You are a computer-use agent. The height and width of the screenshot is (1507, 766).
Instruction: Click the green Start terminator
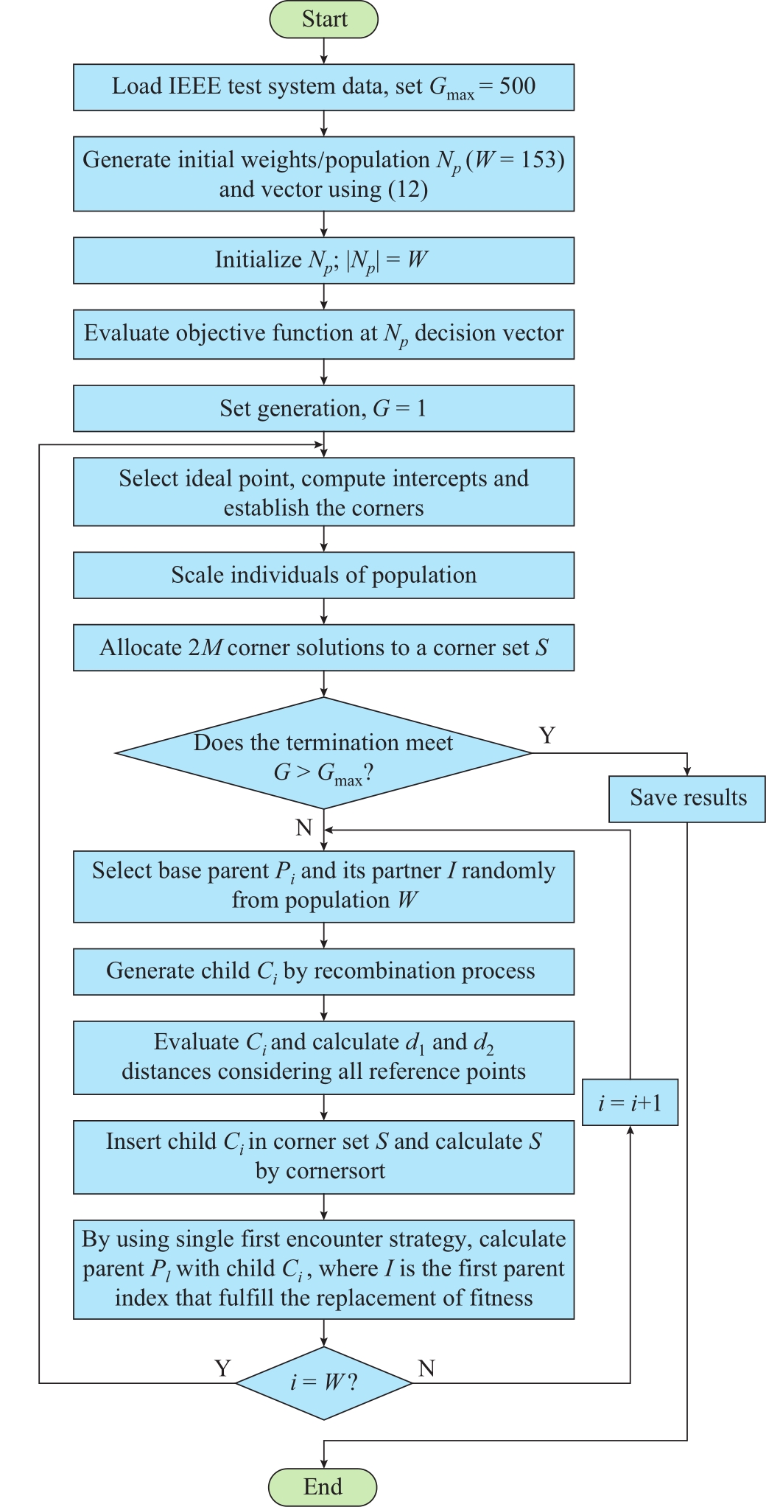(324, 19)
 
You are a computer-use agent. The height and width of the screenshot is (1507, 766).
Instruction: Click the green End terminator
(323, 1486)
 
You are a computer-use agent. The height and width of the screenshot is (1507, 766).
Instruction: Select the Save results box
(687, 799)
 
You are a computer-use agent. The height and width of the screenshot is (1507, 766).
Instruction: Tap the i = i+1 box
(630, 1102)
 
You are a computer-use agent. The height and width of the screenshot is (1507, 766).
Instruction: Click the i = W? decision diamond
(323, 1383)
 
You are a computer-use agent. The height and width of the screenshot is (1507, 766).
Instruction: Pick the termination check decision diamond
(323, 753)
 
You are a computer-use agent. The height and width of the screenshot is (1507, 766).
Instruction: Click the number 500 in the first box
(518, 86)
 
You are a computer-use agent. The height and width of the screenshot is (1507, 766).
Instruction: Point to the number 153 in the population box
(539, 160)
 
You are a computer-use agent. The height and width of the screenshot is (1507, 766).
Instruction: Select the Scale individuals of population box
(323, 576)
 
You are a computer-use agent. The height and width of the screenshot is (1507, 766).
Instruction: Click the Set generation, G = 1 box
(323, 408)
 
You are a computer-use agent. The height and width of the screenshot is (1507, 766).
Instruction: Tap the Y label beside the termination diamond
(547, 735)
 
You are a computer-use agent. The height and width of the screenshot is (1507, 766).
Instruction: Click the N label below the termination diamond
(304, 827)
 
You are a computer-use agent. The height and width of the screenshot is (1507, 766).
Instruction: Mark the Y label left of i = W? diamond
(222, 1368)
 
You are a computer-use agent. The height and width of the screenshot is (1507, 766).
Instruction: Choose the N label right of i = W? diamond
(426, 1368)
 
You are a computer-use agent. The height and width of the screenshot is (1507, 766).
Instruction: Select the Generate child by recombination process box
(323, 972)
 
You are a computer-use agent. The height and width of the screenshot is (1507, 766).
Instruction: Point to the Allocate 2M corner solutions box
(323, 648)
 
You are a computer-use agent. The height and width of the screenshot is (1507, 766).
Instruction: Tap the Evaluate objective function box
(323, 335)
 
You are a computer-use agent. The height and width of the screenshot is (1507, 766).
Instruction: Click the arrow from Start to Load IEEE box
(323, 51)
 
